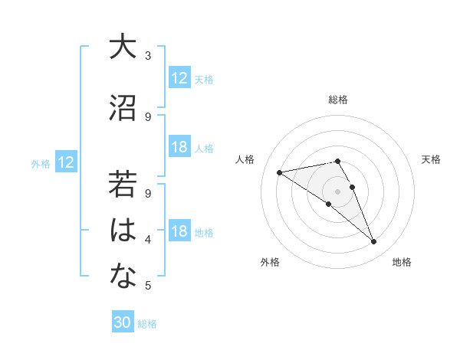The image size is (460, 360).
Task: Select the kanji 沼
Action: [x=122, y=108]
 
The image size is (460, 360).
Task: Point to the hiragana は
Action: [x=122, y=231]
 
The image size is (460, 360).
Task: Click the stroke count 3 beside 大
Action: [x=148, y=55]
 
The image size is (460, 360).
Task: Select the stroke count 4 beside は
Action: [x=148, y=240]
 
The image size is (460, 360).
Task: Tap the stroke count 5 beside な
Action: [x=148, y=286]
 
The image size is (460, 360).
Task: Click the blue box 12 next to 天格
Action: [x=179, y=78]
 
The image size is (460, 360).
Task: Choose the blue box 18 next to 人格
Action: [x=179, y=147]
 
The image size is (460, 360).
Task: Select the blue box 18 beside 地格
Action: [x=179, y=231]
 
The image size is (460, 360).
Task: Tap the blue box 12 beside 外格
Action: [x=66, y=162]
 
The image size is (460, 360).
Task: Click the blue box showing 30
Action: [x=123, y=322]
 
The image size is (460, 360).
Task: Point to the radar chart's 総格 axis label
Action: [x=338, y=100]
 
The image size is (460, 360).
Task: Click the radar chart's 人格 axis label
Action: [x=245, y=159]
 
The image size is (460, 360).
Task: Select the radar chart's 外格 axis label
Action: [x=270, y=262]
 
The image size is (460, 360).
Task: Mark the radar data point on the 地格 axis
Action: [x=374, y=242]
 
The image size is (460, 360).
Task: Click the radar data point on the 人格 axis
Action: [x=280, y=172]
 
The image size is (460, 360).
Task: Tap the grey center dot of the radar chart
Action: [x=337, y=191]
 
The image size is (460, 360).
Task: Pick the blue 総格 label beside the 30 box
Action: [x=148, y=324]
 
